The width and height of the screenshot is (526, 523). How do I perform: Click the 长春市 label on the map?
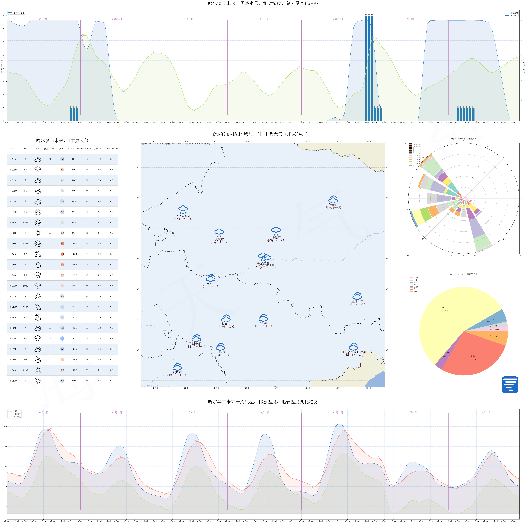click(226, 324)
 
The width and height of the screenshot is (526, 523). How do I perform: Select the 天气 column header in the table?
click(25, 149)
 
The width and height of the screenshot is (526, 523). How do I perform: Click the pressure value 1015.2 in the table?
click(75, 159)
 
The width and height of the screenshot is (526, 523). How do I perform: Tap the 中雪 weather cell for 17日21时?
click(25, 275)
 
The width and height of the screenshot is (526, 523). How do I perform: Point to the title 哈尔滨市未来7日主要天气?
click(62, 141)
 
